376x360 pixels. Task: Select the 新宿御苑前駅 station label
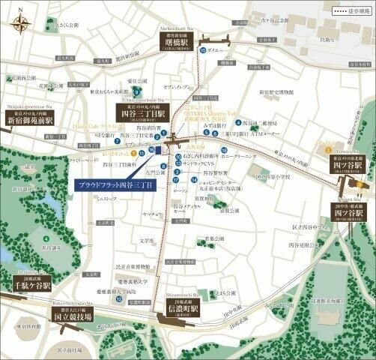31,119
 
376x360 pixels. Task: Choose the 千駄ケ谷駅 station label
31,285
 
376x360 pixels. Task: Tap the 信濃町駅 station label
180,309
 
